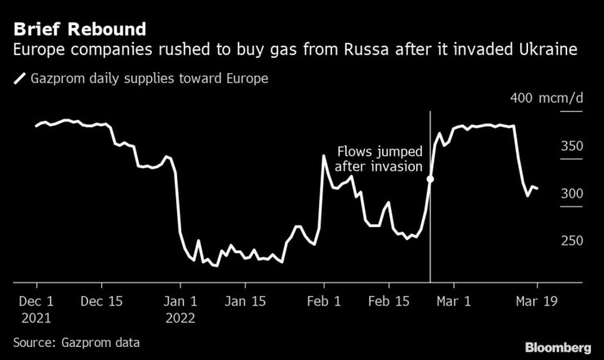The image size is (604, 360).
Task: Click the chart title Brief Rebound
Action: (80, 30)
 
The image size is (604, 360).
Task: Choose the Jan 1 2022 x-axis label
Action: (181, 308)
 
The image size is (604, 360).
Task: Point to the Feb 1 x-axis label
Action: (324, 300)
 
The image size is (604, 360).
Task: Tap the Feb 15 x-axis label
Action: (389, 300)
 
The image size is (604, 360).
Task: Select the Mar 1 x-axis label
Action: (455, 300)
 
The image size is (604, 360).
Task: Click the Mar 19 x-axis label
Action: (537, 300)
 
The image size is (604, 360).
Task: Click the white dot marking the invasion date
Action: (430, 179)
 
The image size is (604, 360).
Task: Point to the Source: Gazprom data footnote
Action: (76, 342)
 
